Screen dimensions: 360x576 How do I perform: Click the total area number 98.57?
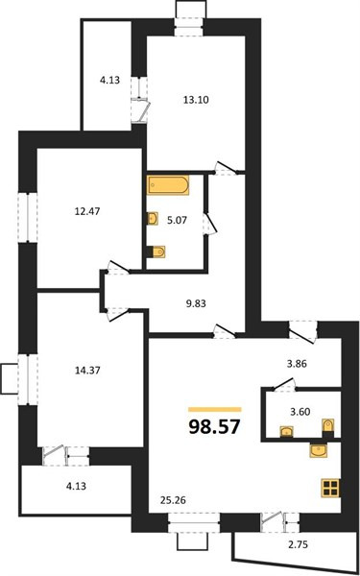coord(215,427)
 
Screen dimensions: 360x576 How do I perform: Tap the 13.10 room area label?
coord(196,99)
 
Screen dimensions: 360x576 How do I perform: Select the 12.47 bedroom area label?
coord(87,211)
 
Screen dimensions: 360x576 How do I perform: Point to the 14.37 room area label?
coord(87,371)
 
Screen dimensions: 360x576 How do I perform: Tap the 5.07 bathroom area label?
coord(179,221)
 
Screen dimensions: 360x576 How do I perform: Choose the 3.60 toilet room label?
coord(299,412)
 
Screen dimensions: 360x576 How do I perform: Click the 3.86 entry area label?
coord(296,364)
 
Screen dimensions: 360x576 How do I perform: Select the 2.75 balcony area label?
coord(297,544)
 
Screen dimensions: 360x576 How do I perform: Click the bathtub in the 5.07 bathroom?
coord(168,184)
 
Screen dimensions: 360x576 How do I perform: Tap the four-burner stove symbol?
coord(331,488)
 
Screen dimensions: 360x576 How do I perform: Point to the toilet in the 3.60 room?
coord(328,426)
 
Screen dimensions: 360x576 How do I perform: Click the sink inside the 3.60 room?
coord(286,431)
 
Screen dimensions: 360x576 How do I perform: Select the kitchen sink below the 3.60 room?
coord(319,450)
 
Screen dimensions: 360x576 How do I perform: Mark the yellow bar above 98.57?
coord(215,409)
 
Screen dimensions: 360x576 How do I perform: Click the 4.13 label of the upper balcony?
coord(109,80)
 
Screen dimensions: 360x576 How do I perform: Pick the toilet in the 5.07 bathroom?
coord(156,252)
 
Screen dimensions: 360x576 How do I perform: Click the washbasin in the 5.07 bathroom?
coord(153,219)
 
